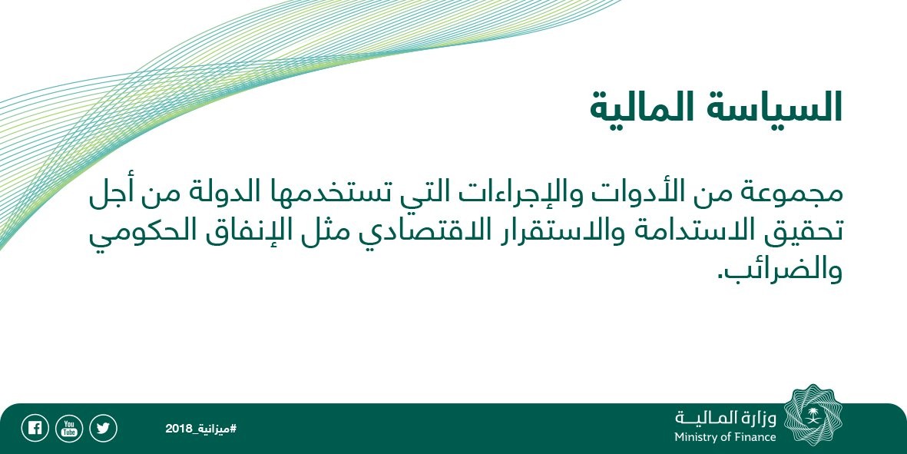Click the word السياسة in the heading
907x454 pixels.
pyautogui.click(x=774, y=108)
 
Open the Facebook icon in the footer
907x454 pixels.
pyautogui.click(x=35, y=429)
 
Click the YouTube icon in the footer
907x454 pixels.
pyautogui.click(x=69, y=429)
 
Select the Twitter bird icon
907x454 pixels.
pyautogui.click(x=103, y=429)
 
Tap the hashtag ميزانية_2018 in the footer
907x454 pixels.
pyautogui.click(x=201, y=429)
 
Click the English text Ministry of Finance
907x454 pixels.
pyautogui.click(x=725, y=437)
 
